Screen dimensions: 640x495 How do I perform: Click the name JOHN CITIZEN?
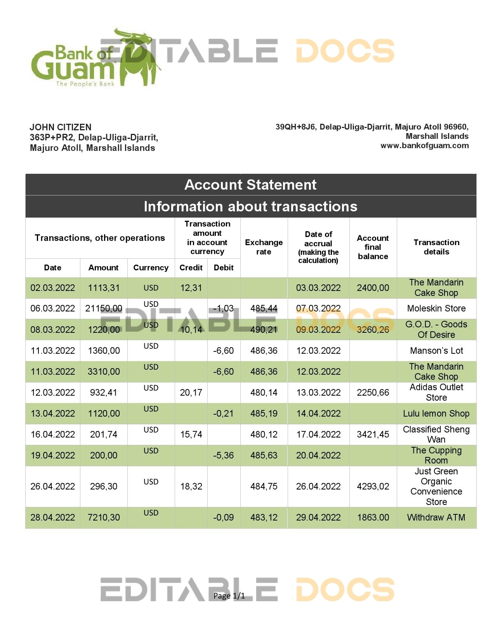coord(61,127)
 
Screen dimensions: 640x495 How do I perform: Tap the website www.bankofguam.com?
coord(424,146)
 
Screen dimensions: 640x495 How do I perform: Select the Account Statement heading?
coord(250,185)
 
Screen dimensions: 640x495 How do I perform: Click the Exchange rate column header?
coord(264,247)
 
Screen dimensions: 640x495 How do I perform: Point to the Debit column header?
coord(224,268)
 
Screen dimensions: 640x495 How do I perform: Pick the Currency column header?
coord(151,268)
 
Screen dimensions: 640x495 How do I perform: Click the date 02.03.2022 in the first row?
coord(53,288)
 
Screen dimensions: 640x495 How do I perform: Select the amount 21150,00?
coord(104,309)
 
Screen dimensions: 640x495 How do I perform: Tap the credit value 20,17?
coord(191,393)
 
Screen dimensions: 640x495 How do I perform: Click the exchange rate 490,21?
coord(264,330)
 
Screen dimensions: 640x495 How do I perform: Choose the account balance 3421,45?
coord(373,434)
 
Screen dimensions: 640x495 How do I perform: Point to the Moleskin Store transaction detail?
coord(436,309)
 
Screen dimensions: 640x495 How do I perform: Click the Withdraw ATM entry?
coord(436,517)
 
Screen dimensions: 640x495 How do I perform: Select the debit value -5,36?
coord(224,455)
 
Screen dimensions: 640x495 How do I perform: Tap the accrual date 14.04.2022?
coord(318,413)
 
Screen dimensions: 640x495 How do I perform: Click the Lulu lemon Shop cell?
coord(436,413)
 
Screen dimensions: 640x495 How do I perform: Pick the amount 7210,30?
coord(104,517)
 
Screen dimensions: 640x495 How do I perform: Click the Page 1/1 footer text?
coord(229,596)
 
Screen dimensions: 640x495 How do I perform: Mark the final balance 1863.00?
coord(373,517)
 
